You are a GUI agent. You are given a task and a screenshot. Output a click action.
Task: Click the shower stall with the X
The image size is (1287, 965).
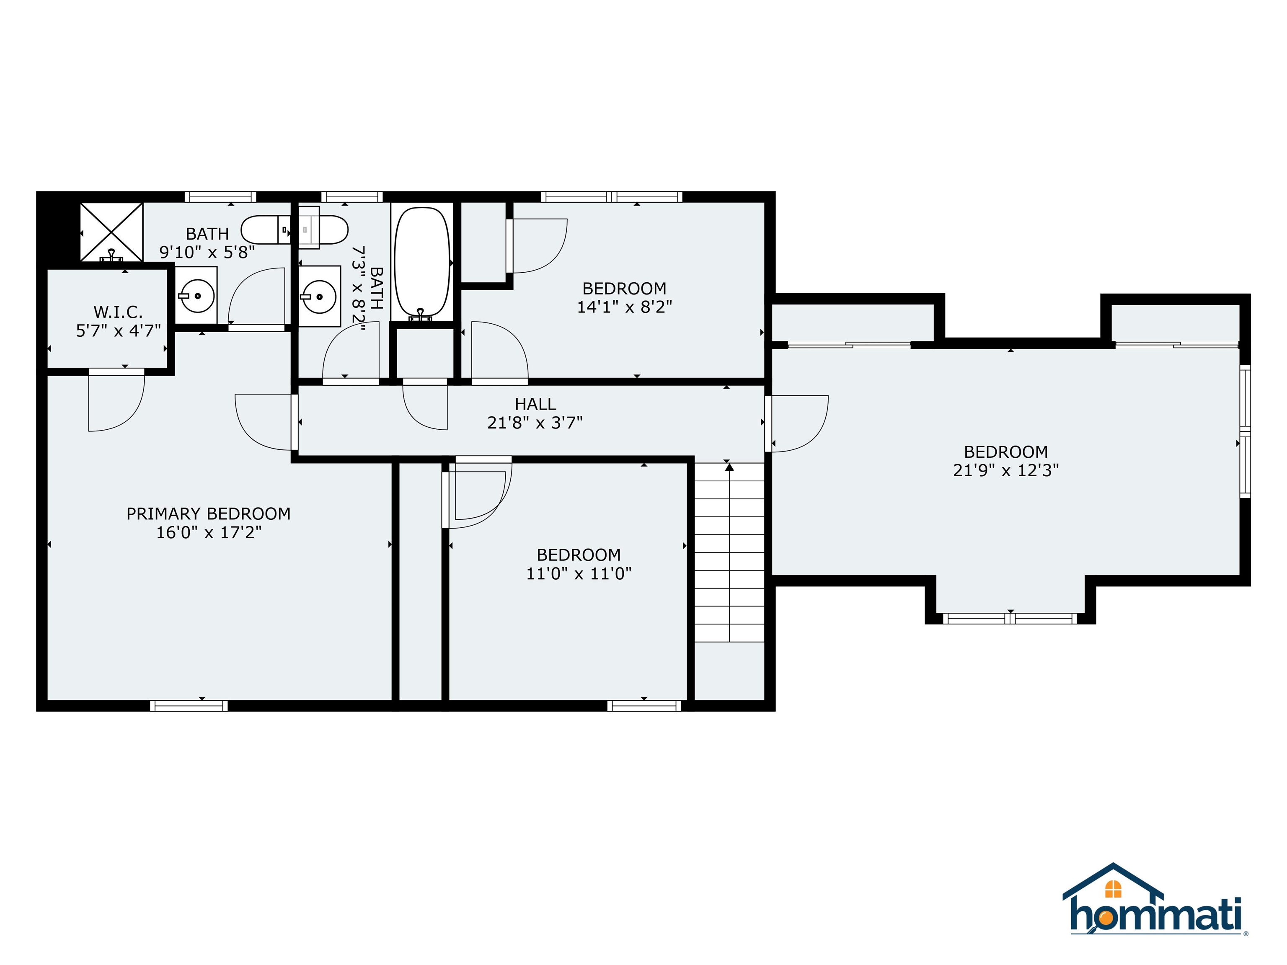coord(111,232)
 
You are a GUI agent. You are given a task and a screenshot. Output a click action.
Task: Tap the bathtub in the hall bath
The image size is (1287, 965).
coord(422,262)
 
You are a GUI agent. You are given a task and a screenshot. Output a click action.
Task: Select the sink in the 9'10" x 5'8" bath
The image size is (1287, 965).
coord(196,296)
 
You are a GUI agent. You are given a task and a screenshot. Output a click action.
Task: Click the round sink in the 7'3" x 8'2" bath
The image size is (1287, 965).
coord(319,297)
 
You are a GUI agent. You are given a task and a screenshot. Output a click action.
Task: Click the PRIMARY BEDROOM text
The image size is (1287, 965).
coord(208,513)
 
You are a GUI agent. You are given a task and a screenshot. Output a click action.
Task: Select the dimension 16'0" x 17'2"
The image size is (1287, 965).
coord(208,532)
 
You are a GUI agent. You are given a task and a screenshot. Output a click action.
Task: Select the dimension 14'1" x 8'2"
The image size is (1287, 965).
coord(624,307)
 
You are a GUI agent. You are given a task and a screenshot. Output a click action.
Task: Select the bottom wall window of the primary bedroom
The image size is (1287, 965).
coord(189,706)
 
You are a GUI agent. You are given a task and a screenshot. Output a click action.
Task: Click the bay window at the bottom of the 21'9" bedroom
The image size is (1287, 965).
coord(1010,618)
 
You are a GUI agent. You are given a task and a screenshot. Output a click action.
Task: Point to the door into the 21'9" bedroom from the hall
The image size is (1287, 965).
coord(797,423)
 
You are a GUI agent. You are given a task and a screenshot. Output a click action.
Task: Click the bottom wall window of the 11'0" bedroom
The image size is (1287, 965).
coord(644,706)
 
